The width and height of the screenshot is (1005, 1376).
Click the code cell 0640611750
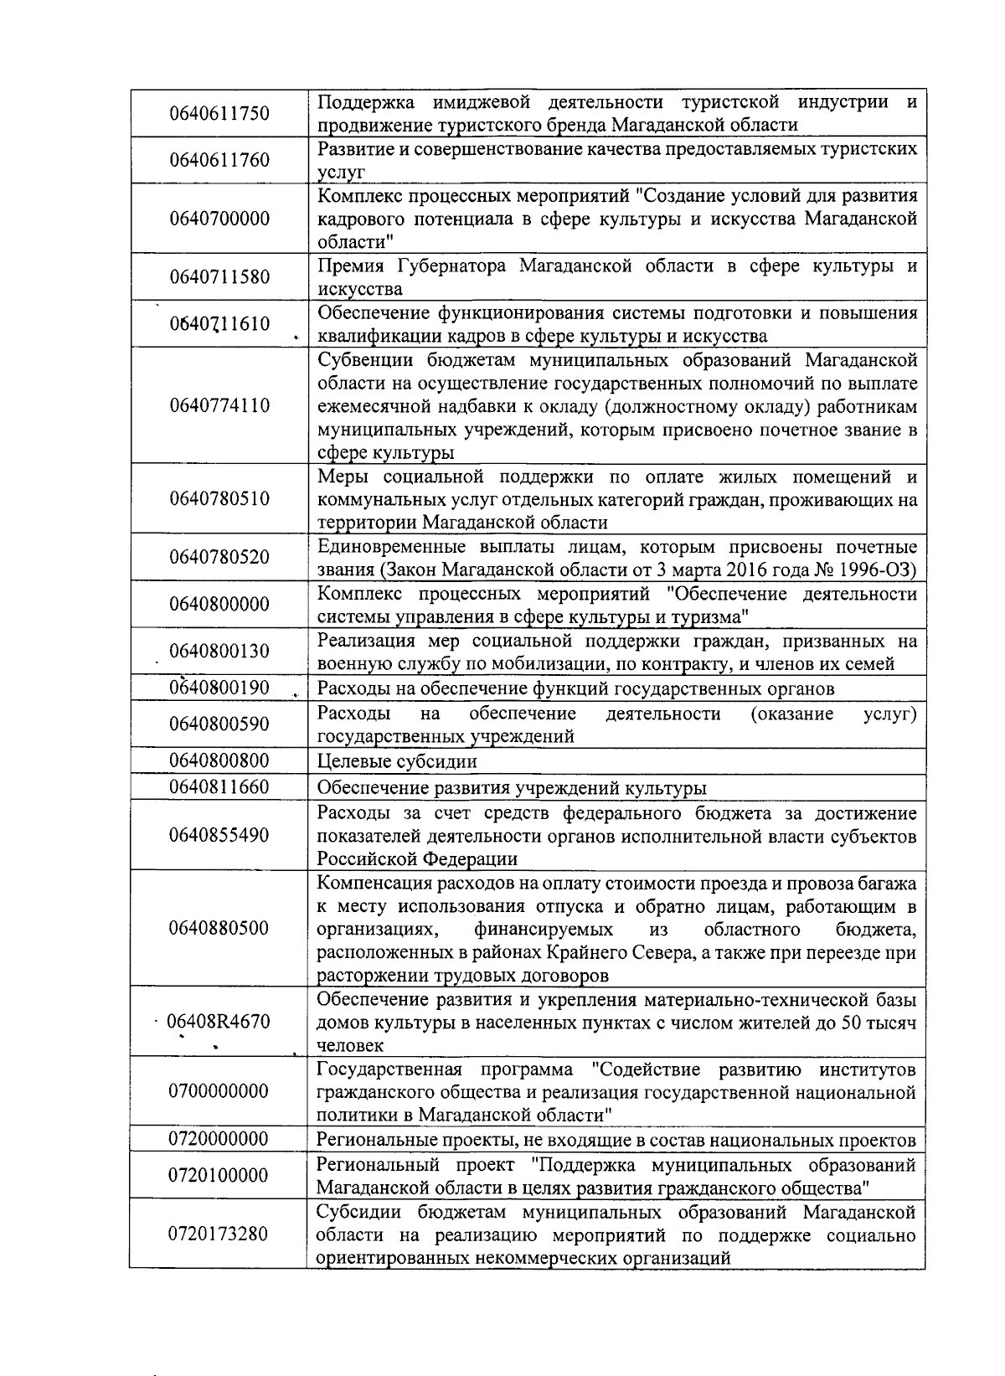(x=219, y=113)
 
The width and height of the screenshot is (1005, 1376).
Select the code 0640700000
(x=219, y=219)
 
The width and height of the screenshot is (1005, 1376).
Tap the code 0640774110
(x=219, y=405)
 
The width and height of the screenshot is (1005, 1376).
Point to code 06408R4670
(x=219, y=1021)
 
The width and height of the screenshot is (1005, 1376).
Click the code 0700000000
(x=219, y=1091)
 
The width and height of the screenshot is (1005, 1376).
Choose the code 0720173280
(x=219, y=1234)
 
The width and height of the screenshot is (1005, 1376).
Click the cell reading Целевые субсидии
(x=397, y=761)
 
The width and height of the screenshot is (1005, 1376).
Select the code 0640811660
(x=219, y=786)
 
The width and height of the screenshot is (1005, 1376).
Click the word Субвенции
(x=363, y=360)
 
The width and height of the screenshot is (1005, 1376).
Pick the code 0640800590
(x=219, y=724)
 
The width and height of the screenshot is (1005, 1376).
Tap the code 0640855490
(x=219, y=835)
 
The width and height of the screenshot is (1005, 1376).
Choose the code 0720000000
(x=219, y=1139)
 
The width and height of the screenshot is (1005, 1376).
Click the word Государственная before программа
(x=389, y=1069)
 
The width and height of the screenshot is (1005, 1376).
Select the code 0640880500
(x=219, y=928)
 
